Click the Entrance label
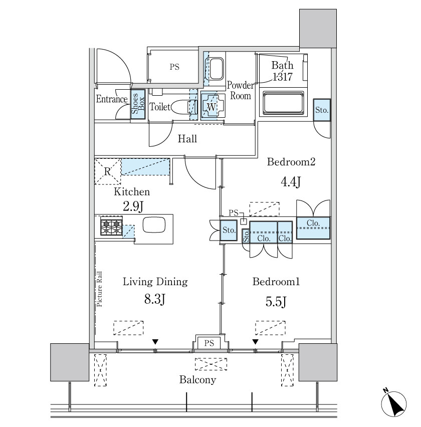111,99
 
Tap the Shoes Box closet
138,104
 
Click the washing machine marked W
211,106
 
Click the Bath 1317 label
282,71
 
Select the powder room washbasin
217,69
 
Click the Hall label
187,139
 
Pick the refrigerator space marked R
107,171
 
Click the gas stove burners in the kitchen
111,227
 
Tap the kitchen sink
153,225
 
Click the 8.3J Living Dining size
155,300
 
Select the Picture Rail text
99,288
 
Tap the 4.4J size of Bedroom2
290,181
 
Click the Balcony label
197,379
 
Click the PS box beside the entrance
174,67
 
